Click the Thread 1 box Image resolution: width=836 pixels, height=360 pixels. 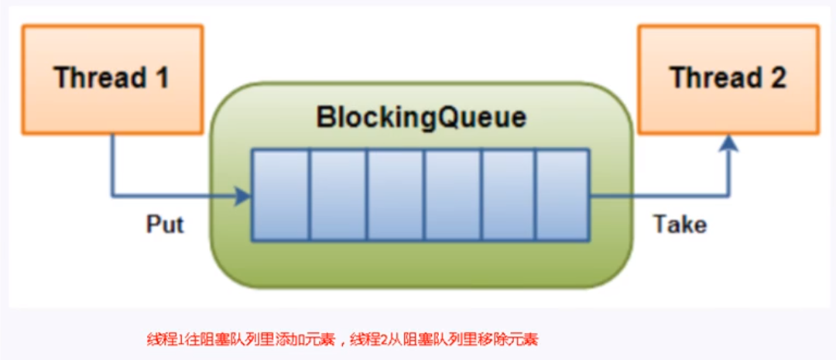click(x=112, y=78)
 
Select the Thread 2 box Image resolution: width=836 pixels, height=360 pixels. click(x=728, y=78)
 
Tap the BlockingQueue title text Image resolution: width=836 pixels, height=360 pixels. click(x=421, y=118)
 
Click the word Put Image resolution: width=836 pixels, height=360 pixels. click(x=165, y=225)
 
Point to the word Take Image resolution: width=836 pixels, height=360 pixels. click(x=680, y=225)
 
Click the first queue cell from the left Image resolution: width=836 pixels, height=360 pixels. click(x=281, y=195)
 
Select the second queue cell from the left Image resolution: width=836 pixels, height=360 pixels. click(x=337, y=195)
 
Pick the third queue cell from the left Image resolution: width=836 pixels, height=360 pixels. click(x=395, y=195)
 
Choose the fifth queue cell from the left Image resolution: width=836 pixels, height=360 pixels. click(x=507, y=195)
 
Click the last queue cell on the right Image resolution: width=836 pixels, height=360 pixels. click(x=562, y=195)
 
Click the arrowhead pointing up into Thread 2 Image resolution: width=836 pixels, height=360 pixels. click(x=728, y=142)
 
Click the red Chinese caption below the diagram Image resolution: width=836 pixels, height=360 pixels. click(x=342, y=339)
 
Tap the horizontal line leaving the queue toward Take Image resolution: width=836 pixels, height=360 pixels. click(x=658, y=196)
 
